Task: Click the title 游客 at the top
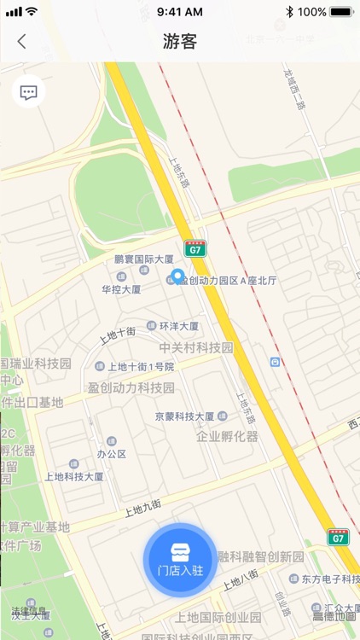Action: (180, 41)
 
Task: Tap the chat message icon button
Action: (29, 92)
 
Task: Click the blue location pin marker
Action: (177, 276)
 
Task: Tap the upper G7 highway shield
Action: (195, 249)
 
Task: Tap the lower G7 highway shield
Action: (338, 537)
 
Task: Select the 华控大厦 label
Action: (121, 289)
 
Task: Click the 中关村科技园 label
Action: (196, 347)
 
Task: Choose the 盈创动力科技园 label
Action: (131, 387)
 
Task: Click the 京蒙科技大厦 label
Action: (184, 416)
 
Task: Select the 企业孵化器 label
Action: (226, 436)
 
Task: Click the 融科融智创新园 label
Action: (261, 556)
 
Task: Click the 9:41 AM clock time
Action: (180, 12)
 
